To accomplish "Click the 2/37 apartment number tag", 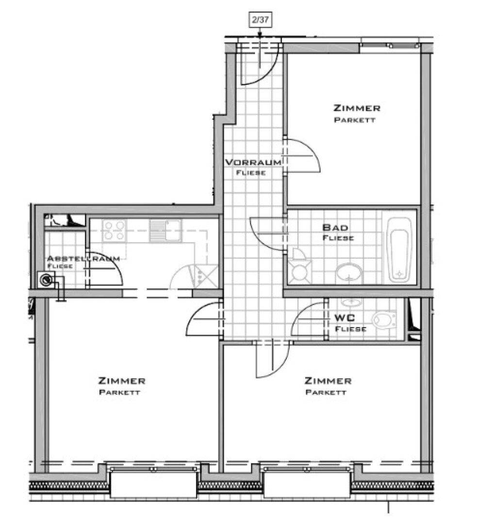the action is point(260,20).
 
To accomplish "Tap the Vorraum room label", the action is point(253,163).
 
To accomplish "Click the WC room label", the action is point(345,317).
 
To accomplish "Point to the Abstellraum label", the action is point(83,258).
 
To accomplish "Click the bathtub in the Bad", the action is point(399,250).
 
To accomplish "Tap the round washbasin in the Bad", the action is point(350,272).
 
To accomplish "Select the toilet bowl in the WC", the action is point(384,321).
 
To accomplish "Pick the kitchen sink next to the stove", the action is point(165,230).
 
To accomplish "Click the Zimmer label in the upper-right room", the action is point(357,108).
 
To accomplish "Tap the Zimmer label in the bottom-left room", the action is point(122,381).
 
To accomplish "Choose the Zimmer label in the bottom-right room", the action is point(328,381).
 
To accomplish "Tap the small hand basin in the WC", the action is point(351,302).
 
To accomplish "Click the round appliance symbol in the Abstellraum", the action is point(47,279).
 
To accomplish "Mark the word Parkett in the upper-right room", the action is point(355,120).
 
